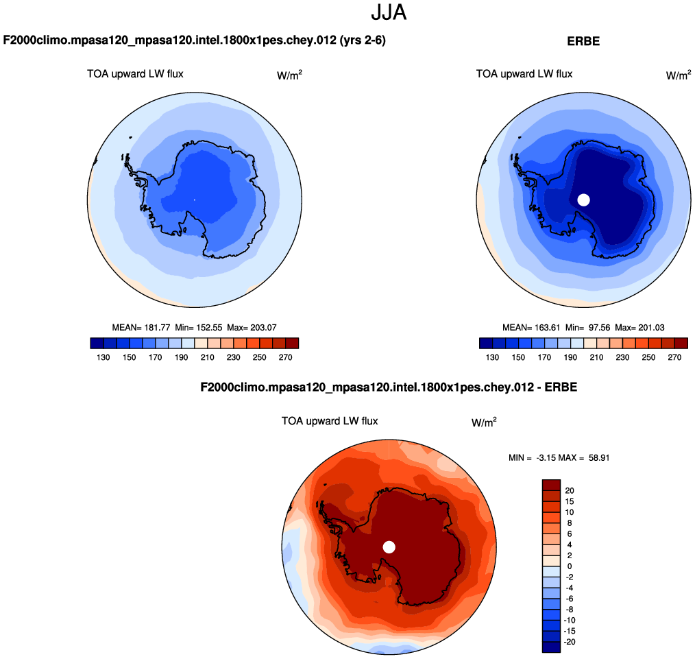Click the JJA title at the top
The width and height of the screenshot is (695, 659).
tap(389, 12)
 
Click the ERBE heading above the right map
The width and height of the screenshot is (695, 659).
tap(583, 41)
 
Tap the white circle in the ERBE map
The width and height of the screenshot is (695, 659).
tap(583, 200)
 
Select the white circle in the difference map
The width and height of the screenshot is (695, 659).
tap(389, 547)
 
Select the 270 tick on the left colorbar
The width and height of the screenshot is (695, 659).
tap(286, 357)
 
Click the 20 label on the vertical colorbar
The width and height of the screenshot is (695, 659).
tap(569, 490)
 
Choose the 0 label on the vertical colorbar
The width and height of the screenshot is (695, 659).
tap(568, 566)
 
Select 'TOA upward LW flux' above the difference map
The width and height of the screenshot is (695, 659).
tap(330, 421)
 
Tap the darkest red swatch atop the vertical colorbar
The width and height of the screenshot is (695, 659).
tap(552, 485)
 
